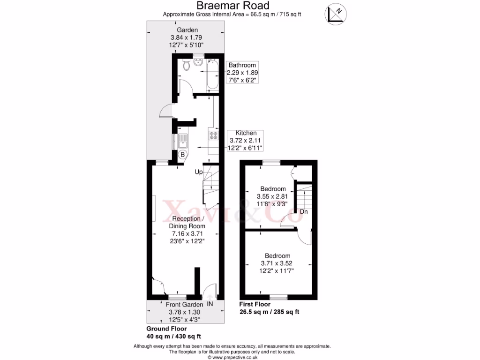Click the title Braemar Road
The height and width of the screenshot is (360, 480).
pyautogui.click(x=232, y=6)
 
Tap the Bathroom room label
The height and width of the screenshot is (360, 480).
pyautogui.click(x=242, y=65)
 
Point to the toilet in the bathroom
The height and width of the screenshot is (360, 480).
pyautogui.click(x=187, y=66)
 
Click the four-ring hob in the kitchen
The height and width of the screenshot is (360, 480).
pyautogui.click(x=213, y=135)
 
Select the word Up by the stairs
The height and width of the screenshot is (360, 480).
pyautogui.click(x=199, y=172)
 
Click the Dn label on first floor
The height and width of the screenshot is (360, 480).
pyautogui.click(x=304, y=212)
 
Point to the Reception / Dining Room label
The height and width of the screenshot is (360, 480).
pyautogui.click(x=188, y=222)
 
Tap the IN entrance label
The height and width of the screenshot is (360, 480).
pyautogui.click(x=210, y=304)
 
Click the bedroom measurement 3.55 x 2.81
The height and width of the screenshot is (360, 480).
pyautogui.click(x=273, y=196)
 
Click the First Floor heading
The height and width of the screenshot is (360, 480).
pyautogui.click(x=255, y=304)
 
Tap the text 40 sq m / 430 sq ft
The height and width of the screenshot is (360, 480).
pyautogui.click(x=173, y=336)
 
